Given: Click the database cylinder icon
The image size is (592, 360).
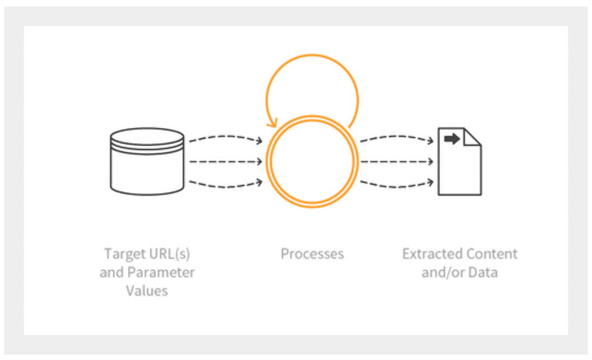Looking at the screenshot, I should coord(147,162).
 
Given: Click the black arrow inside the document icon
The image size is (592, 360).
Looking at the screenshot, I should coord(452,139).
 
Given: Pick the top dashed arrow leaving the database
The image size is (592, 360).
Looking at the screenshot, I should coord(225,139).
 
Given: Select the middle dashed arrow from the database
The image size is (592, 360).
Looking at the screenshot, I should coord(225,162).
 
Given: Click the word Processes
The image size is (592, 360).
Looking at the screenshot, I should coord(312,254).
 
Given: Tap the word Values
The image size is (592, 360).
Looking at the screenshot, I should coord(147,290).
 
